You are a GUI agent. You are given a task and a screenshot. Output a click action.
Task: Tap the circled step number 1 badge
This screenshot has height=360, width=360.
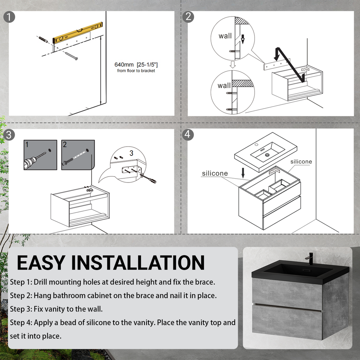coord(9,17)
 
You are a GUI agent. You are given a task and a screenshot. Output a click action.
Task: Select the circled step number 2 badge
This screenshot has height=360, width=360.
coord(188,17)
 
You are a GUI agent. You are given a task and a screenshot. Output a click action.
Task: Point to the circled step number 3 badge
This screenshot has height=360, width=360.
coord(9,134)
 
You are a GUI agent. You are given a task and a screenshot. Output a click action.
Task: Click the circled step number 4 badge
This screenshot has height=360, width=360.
coord(188,134)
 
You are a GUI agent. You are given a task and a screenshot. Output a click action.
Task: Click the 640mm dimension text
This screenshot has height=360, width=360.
coord(136,65)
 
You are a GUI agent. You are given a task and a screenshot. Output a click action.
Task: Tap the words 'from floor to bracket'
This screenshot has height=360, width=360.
coord(136,71)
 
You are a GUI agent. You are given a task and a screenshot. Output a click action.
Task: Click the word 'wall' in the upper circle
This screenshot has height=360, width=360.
coord(225,36)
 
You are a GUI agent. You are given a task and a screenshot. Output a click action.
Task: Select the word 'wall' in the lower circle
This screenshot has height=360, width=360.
coord(224,85)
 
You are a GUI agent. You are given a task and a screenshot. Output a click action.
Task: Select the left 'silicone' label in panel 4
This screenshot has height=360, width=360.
coord(214,173)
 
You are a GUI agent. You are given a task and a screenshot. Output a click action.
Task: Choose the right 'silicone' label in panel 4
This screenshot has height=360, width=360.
coord(301,162)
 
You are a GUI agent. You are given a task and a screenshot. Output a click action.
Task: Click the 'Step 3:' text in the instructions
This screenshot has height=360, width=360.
coord(21,309)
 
